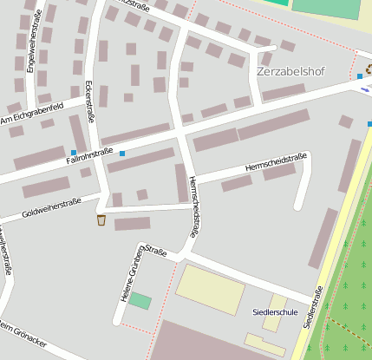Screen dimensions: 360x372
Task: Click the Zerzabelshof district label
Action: coord(290,71)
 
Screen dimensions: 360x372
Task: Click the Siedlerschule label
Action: coord(274,311)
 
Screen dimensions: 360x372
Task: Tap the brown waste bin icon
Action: coord(101,220)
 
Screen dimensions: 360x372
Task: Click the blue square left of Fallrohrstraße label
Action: coord(73,153)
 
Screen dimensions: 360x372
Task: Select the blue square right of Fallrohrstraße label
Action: coord(122,154)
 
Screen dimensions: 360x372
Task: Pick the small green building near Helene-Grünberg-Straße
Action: coord(140,301)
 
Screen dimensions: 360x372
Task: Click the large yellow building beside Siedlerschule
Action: coord(211,289)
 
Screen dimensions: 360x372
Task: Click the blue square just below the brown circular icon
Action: coord(360,77)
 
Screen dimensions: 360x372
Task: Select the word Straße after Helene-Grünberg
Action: coord(156,252)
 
